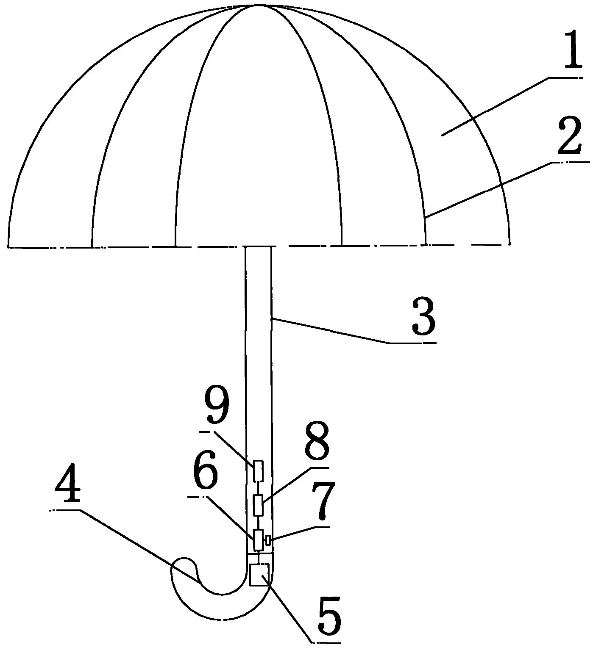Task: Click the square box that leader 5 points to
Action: point(259,575)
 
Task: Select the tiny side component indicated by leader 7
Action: point(267,540)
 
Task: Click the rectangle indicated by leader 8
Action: point(258,505)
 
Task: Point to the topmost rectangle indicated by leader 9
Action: point(258,471)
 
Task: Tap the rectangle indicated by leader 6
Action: point(258,539)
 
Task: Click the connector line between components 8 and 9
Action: point(258,488)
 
